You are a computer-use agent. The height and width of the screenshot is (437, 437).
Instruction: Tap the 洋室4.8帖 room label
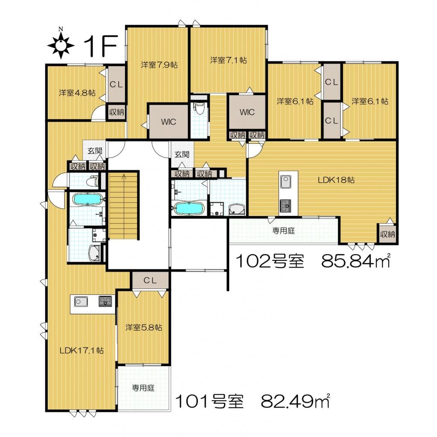(x=77, y=93)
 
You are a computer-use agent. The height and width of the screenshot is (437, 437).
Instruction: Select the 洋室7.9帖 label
(x=159, y=65)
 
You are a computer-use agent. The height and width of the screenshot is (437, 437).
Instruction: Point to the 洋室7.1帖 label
(x=228, y=60)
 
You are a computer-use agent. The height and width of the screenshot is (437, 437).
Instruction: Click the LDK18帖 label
(x=336, y=180)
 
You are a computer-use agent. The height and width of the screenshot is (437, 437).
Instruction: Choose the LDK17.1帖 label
(x=82, y=350)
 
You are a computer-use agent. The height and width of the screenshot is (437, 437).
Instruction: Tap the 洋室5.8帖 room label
(x=143, y=327)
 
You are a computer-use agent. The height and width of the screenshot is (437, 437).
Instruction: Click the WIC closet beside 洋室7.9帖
(x=169, y=122)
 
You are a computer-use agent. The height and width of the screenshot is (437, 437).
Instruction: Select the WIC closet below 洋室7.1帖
(x=247, y=112)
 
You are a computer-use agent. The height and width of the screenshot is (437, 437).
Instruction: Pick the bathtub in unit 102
(x=189, y=208)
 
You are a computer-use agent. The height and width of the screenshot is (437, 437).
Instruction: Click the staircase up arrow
(x=124, y=177)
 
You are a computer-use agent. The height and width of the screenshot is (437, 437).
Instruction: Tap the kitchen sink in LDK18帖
(x=286, y=182)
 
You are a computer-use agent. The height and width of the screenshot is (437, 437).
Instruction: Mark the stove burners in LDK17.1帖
(x=105, y=301)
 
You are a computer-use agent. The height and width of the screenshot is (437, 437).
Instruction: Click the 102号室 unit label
(x=270, y=262)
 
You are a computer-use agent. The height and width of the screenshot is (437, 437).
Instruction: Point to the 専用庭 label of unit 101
(x=143, y=387)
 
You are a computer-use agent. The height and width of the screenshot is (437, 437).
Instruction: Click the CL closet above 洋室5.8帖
(x=150, y=281)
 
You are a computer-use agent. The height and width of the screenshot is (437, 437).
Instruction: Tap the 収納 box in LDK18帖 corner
(x=387, y=234)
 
